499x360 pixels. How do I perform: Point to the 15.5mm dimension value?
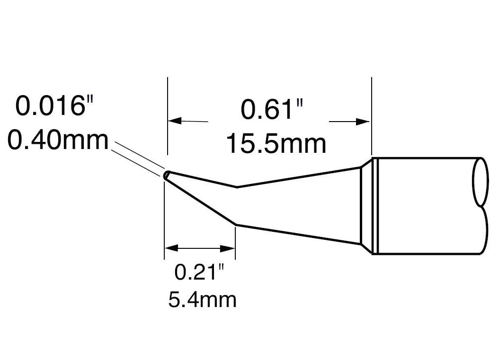[276, 143]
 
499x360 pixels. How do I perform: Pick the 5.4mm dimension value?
[202, 300]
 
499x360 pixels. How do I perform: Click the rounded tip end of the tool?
[166, 176]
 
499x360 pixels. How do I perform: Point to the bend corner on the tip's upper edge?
[237, 187]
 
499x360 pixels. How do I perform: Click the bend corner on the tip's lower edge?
[235, 224]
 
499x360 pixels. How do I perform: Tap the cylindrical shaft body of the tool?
[426, 206]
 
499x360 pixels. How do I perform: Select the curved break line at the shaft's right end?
[480, 206]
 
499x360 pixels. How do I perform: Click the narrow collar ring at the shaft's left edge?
[374, 206]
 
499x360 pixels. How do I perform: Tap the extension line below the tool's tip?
[164, 222]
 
